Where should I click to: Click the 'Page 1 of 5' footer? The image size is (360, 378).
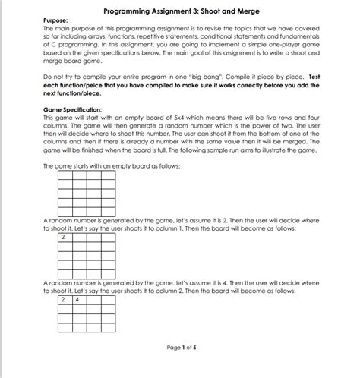[x=182, y=348]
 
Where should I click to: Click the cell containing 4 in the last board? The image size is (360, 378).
[x=79, y=299]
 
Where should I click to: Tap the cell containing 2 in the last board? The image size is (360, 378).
[x=65, y=299]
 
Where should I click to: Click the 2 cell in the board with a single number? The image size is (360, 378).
[x=65, y=238]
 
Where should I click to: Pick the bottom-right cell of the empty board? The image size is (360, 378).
[x=108, y=209]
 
